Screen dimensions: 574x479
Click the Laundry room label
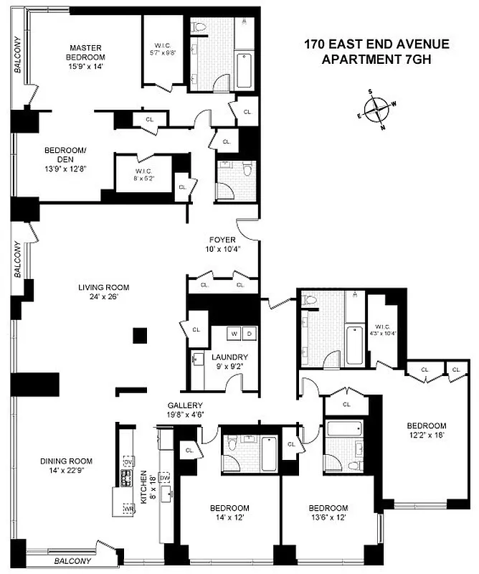(229, 357)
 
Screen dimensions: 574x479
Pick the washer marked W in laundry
(234, 334)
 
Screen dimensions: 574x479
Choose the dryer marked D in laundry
(248, 334)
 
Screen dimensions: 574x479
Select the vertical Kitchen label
(144, 486)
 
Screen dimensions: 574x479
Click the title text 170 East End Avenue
(376, 44)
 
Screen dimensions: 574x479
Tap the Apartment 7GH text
(376, 60)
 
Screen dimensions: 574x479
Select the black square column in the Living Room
(140, 335)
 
